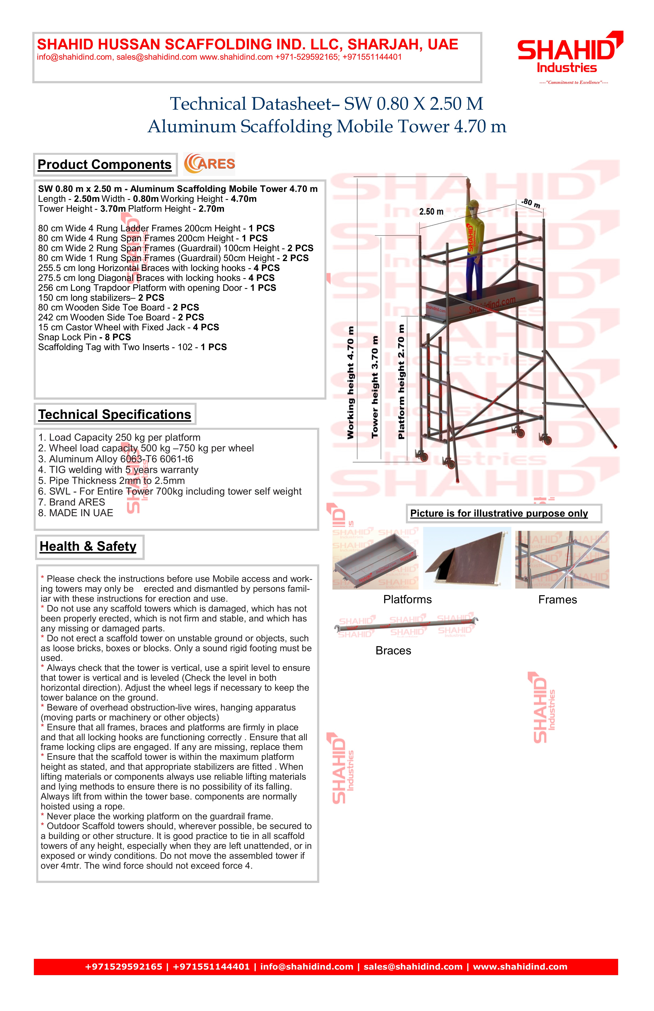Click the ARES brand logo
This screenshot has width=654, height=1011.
coord(209,164)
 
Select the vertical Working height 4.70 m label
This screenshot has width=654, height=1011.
coord(350,382)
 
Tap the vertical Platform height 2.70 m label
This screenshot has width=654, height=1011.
coord(401,382)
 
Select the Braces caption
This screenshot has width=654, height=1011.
coord(393,651)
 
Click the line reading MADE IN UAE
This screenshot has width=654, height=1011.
coord(76,513)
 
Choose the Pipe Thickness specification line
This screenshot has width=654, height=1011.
coord(111,481)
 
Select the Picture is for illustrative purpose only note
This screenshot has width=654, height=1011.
coord(499,514)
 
